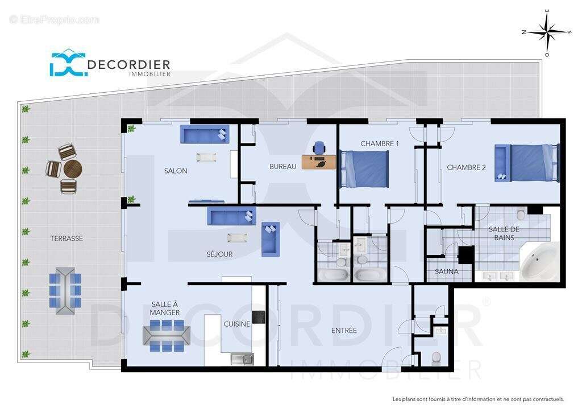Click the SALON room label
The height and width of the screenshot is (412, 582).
[x=176, y=171]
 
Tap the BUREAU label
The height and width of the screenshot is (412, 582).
[x=282, y=167]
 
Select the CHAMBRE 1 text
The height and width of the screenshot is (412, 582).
[x=379, y=144]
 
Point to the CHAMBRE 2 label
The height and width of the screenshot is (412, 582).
[x=466, y=167]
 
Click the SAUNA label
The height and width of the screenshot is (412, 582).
[x=447, y=272]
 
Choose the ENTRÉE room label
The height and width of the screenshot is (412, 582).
[x=344, y=330]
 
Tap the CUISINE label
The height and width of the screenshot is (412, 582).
[x=236, y=324]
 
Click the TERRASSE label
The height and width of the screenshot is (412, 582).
[x=66, y=238]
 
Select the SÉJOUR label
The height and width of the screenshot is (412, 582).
[x=219, y=254]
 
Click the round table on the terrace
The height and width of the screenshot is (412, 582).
[x=73, y=169]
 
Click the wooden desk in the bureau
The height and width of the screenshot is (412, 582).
[x=318, y=162]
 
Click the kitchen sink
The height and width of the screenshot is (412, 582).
[x=243, y=359]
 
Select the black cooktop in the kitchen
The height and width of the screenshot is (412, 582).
[x=259, y=316]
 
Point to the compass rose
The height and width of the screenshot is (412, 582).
[x=547, y=32]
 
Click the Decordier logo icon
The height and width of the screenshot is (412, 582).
[x=67, y=63]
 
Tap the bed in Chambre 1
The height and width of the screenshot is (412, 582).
[x=364, y=168]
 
